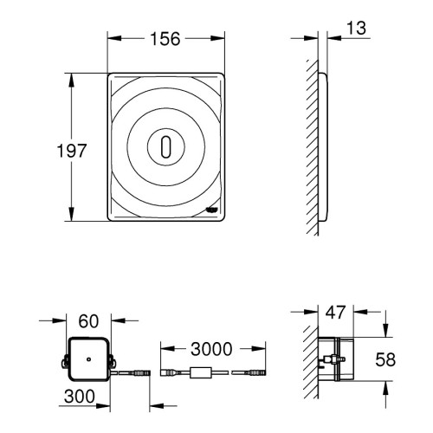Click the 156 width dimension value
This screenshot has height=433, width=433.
tap(165, 39)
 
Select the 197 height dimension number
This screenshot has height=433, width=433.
tap(72, 151)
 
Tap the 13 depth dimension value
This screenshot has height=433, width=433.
tap(356, 28)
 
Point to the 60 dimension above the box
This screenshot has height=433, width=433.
tap(88, 321)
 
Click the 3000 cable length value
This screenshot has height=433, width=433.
tap(211, 349)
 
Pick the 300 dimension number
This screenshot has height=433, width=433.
tap(80, 396)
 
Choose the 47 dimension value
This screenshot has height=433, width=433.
tap(335, 313)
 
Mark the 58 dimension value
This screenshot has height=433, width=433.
tap(385, 359)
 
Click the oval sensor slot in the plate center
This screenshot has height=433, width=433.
tap(166, 147)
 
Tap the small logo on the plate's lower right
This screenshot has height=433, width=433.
tap(212, 210)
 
